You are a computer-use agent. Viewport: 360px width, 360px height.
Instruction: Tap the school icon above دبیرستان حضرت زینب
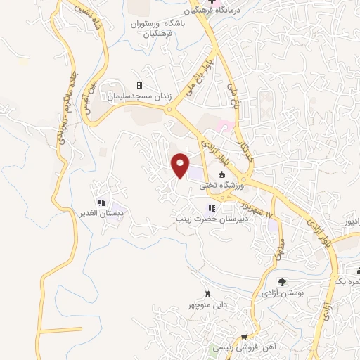[212, 208]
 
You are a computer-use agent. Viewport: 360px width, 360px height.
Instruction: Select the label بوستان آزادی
[282, 291]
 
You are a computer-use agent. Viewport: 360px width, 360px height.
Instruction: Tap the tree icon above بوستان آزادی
[282, 281]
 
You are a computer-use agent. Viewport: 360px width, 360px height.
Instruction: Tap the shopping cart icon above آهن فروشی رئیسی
[243, 337]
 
